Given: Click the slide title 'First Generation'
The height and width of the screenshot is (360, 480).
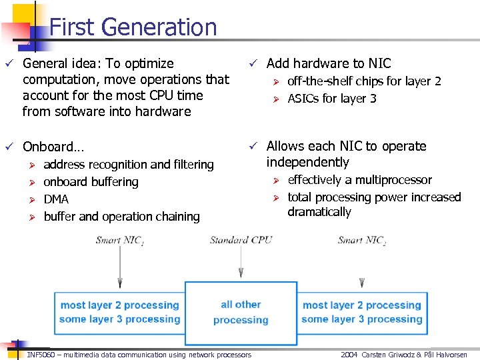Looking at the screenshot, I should point(133,27).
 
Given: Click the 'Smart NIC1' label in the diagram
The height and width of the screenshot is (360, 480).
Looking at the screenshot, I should point(120,240).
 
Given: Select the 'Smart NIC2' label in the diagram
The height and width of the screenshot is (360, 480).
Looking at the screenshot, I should point(361,240).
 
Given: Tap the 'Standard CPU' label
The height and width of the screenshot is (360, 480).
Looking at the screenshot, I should point(241,240).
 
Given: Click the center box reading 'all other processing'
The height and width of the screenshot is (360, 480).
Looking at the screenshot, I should point(241,312).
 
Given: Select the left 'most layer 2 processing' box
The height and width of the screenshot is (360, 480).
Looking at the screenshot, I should point(119,312).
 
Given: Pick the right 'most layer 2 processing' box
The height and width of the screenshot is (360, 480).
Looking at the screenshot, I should point(361,312).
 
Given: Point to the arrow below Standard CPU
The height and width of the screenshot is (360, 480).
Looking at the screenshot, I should point(241,264).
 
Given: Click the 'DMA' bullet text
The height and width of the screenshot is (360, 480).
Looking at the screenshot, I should point(56,199).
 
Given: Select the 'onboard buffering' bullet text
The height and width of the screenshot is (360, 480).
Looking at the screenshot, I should point(91,182).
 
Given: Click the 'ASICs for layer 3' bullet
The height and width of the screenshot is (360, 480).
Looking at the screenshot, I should point(331,99).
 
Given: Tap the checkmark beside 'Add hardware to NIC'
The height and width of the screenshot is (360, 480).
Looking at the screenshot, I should point(254,64).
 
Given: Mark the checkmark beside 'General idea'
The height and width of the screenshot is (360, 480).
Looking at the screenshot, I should point(9,64).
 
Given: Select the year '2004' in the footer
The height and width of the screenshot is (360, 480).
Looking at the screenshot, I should point(350,355).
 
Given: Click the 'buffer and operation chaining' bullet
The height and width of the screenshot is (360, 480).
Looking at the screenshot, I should point(121,217).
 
